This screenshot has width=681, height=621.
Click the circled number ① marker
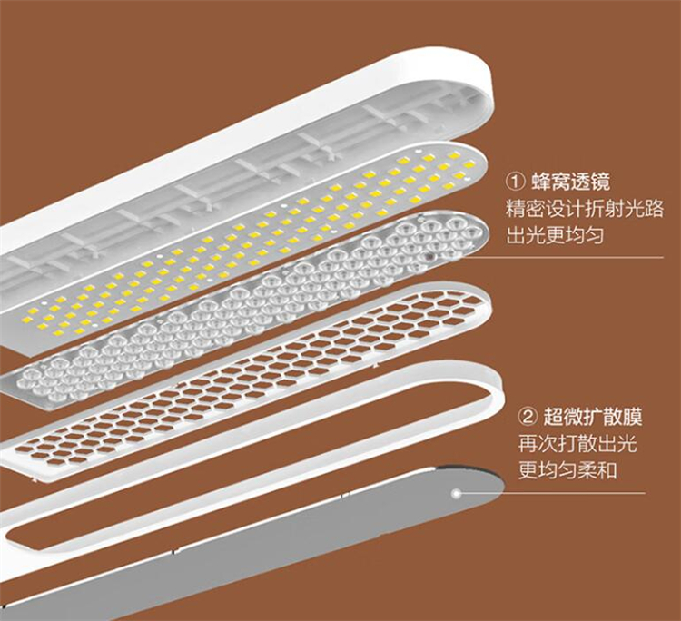[516, 182]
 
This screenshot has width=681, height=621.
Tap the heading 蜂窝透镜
[571, 182]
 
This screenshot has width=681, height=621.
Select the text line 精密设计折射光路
[585, 209]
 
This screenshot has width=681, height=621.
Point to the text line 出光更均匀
[555, 236]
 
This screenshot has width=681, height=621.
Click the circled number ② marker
[528, 418]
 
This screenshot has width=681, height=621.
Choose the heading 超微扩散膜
[593, 418]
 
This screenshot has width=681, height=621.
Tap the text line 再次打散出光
[577, 444]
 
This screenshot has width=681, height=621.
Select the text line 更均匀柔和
[567, 470]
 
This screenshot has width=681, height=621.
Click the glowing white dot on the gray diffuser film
[456, 493]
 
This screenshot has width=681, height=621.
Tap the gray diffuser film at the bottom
[270, 543]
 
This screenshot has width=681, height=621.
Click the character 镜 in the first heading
[600, 182]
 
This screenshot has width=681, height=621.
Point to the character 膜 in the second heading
[632, 418]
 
